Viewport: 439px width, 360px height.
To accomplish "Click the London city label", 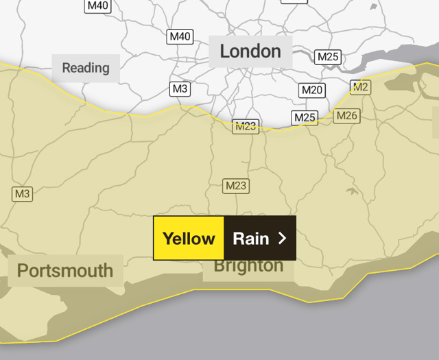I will pos(250,51).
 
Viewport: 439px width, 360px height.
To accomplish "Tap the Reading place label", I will pos(86,68).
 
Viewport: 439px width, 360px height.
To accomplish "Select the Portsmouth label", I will pos(65,270).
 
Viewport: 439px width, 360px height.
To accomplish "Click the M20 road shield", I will pos(312,90).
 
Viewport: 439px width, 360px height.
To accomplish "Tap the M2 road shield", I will pos(360,86).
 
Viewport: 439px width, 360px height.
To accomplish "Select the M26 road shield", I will pos(346,116).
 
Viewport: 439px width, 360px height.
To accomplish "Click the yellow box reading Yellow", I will pos(189,239).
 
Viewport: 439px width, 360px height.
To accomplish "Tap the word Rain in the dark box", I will pos(251,239).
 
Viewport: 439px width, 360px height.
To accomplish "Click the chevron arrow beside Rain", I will pos(281,239).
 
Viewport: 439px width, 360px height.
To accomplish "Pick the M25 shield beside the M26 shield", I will pos(305,118).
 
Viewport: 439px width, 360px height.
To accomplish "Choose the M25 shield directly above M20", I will pos(328,56).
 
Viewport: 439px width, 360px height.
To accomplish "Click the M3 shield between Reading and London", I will pos(180,88).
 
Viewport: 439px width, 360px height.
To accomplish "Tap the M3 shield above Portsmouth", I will pos(23,194).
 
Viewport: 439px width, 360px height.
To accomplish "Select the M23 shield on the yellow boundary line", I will pos(245,126).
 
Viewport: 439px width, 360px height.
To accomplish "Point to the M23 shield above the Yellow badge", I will pos(235,186).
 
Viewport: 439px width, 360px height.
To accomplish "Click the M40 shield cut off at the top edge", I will pos(98,5).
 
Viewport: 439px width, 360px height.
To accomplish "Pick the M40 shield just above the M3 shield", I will pos(180,36).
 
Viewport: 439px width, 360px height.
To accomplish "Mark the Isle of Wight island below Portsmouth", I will pos(41,322).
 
